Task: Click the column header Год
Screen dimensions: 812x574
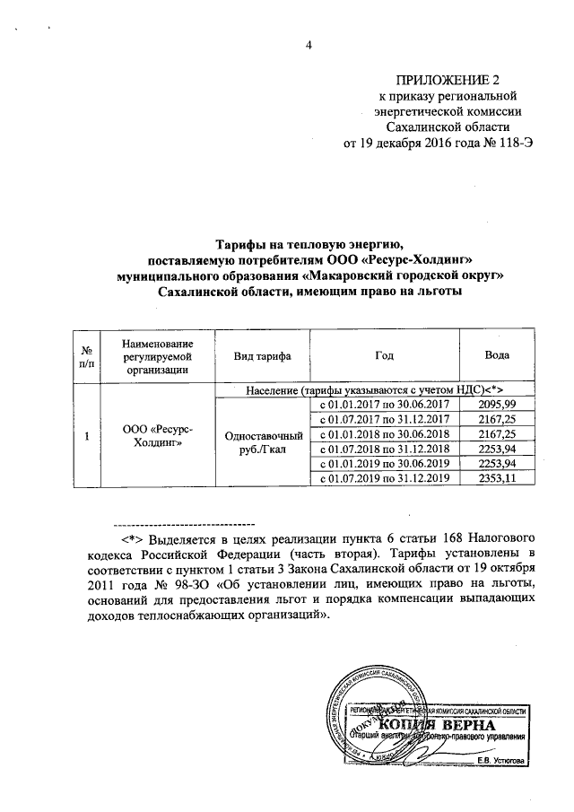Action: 385,355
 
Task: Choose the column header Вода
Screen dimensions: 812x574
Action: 497,355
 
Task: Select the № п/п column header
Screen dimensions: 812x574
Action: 86,355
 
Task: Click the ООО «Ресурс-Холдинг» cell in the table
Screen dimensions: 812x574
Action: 157,436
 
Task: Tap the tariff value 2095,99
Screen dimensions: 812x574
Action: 498,405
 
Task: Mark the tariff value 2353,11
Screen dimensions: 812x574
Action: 498,478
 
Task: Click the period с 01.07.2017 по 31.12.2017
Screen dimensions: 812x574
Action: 385,419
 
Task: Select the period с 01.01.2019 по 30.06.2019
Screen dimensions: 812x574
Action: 385,463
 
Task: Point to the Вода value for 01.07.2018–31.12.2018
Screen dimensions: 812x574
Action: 498,449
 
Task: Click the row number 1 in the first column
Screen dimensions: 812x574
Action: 86,436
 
